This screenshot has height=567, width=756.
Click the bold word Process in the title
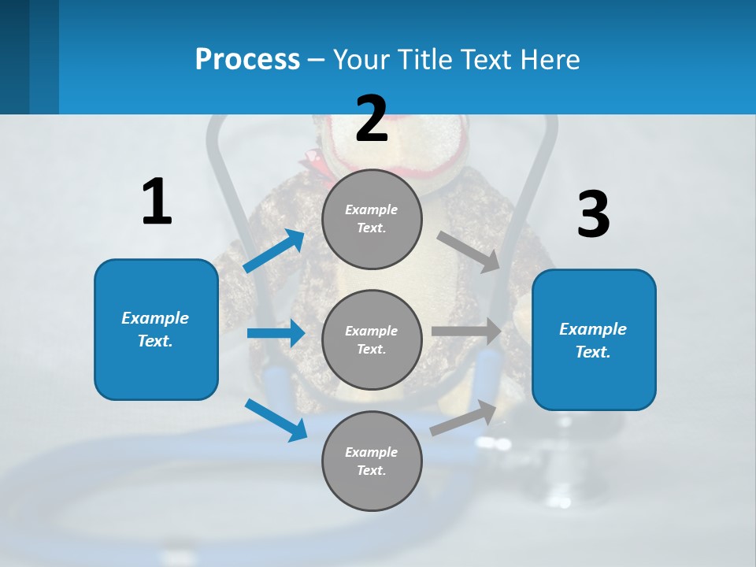point(247,60)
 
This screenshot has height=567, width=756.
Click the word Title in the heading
point(424,60)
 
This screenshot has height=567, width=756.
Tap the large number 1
point(157,202)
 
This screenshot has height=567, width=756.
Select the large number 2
point(372,119)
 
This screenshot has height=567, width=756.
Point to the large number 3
point(593,215)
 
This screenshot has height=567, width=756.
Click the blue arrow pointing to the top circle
point(274,251)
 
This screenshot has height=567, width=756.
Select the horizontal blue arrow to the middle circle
point(276,333)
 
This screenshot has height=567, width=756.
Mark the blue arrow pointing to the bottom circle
point(276,420)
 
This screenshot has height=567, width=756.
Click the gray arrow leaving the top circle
point(468,251)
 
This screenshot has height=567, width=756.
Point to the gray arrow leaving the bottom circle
point(463,418)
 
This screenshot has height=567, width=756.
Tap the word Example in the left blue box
point(155,318)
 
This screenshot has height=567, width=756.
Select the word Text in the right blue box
point(592,353)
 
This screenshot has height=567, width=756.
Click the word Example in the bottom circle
point(372,452)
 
